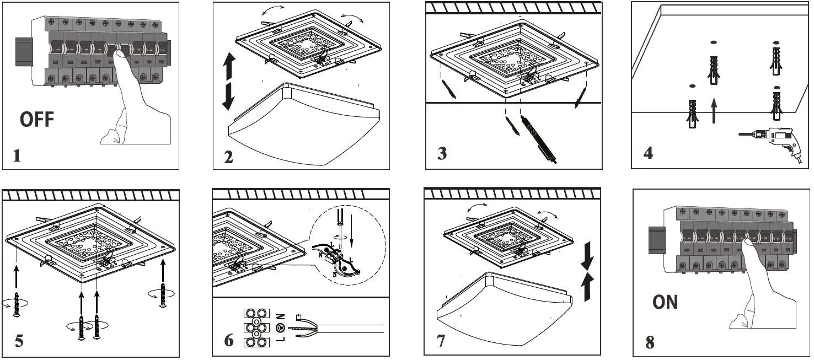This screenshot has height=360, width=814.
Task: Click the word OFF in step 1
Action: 37,120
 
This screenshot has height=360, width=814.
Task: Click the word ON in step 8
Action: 665,302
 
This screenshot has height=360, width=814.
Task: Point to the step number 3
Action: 442,154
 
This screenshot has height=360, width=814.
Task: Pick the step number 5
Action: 19,341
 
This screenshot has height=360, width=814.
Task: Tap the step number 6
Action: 229,341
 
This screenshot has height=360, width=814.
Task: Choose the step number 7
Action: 441,341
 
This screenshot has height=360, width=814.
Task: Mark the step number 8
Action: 650,342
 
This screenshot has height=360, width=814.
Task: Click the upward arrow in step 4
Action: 715,110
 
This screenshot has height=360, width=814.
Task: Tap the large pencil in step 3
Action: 538,138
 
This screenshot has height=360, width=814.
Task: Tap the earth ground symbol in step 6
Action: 280,328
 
